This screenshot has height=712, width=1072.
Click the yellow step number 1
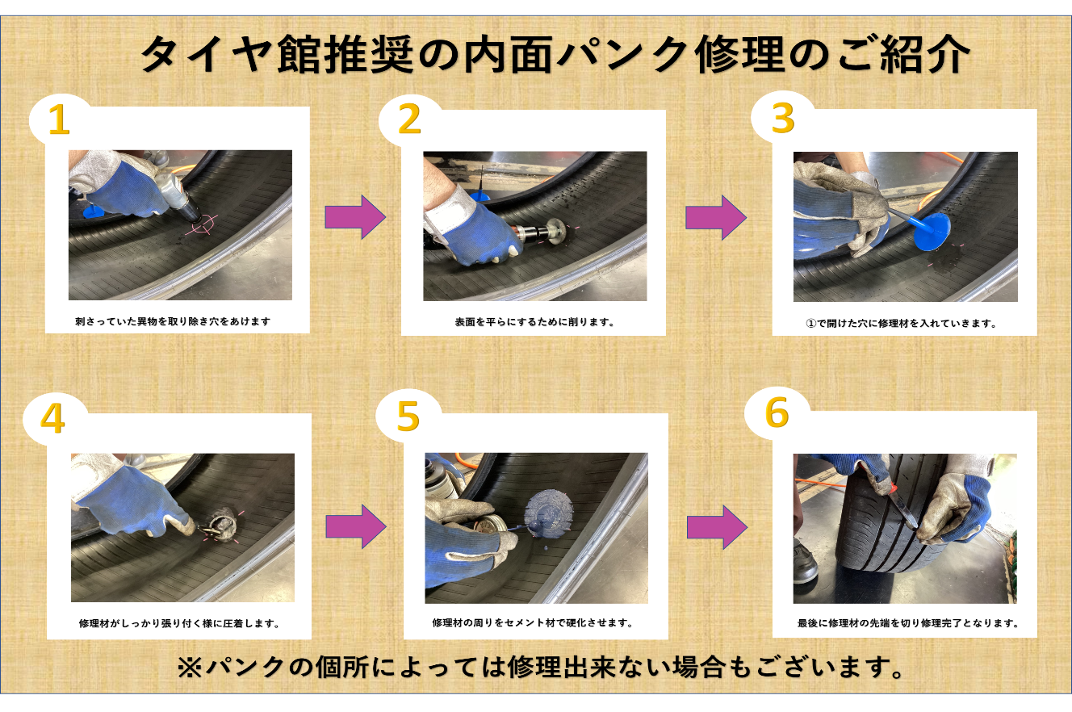pos(60,119)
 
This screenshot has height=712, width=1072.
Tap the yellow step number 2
pos(409,119)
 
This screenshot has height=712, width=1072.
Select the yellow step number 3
pos(783,118)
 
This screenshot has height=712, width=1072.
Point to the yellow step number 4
pos(52,417)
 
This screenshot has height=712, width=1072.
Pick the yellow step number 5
pos(408,417)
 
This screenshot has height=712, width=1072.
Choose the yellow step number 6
pos(777,413)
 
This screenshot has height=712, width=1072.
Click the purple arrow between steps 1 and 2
pos(355,217)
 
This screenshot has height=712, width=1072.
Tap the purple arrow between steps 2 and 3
pos(716,218)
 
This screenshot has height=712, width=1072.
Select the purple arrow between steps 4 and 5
pos(356,526)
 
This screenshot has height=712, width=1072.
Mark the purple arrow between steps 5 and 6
pos(717,527)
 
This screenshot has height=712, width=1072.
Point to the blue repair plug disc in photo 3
pos(932,232)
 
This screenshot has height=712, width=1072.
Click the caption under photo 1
pos(173,321)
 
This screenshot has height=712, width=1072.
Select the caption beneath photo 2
pos(534,322)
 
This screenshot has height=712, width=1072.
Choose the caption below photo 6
pos(907,623)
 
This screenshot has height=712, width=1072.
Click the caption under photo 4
pos(179,623)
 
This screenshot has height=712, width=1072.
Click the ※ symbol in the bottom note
pos(191,668)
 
